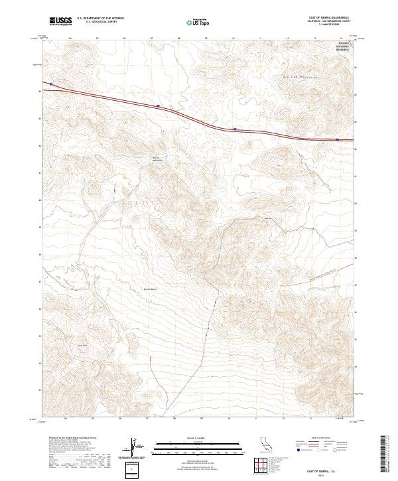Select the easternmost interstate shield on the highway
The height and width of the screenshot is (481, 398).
click(338, 140)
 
